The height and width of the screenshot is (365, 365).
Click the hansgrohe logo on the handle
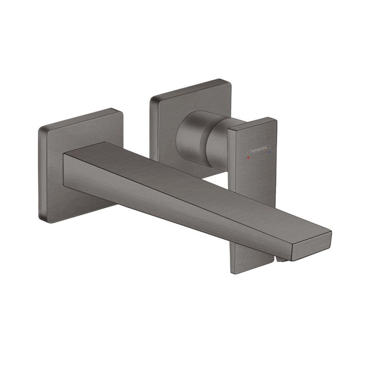pos(258,150)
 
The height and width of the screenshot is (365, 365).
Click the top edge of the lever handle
pos(252,124)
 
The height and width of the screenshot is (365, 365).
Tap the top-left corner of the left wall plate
pos(40,129)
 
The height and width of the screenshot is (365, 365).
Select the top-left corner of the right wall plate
pos(153,98)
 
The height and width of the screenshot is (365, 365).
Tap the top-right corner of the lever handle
pos(275,120)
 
